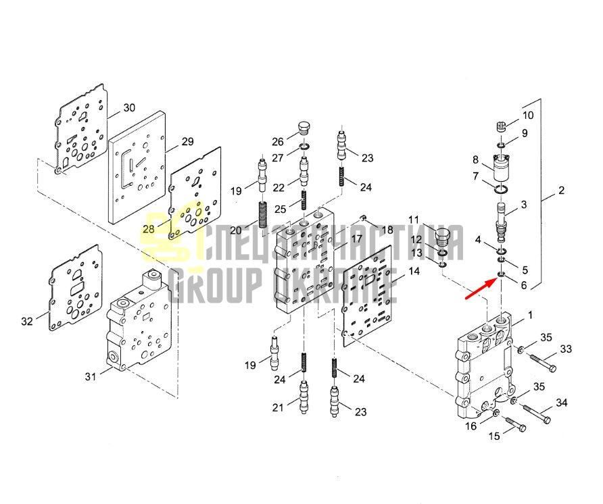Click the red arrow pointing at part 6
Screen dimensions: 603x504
(481, 288)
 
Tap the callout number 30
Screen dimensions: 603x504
(129, 107)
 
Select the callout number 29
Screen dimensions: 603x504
(187, 141)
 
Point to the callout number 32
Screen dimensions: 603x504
(27, 321)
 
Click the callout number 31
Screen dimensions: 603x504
(91, 376)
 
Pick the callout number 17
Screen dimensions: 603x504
(356, 238)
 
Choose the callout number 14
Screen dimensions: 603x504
(414, 271)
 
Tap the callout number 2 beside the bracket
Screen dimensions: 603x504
(562, 190)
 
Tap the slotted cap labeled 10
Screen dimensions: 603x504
(500, 126)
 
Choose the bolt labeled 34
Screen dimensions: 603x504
(537, 413)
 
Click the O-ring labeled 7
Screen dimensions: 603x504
(501, 189)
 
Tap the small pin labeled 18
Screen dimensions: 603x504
(362, 219)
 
